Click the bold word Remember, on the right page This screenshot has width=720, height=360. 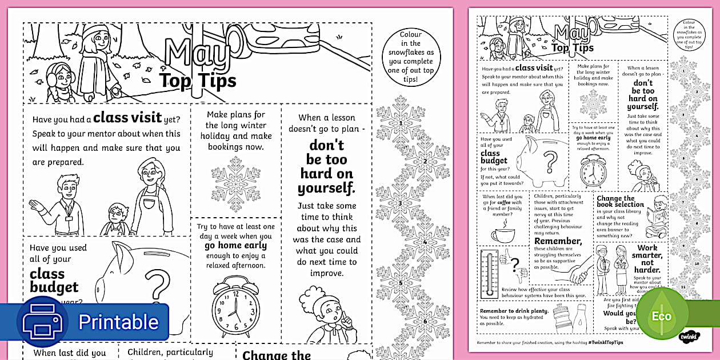coord(558,241)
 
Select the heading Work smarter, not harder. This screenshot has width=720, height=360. coord(647,258)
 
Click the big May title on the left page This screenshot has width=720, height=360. coord(197,53)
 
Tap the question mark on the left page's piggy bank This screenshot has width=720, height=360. coord(158,285)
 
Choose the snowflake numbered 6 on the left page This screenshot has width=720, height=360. coord(425,321)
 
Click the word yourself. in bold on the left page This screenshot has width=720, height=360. coord(326,188)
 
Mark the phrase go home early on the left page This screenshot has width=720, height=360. coord(235,246)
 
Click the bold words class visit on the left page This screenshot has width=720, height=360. coord(127,118)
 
